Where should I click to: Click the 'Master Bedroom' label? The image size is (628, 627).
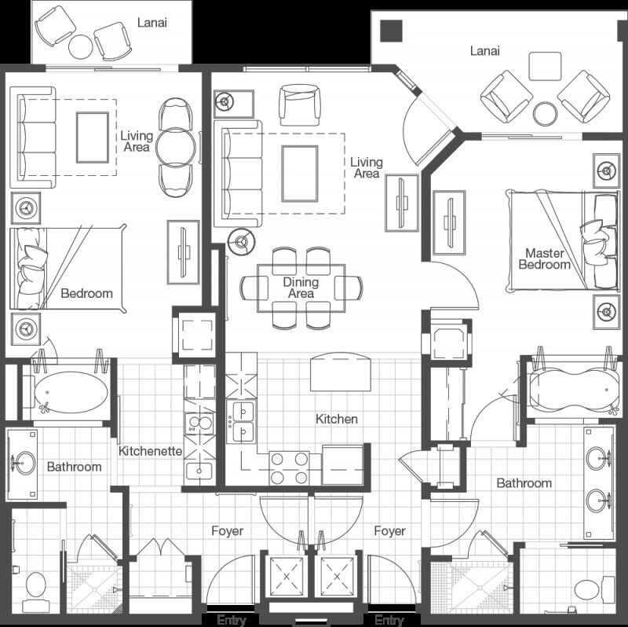click(x=544, y=259)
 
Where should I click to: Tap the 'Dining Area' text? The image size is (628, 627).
click(x=301, y=288)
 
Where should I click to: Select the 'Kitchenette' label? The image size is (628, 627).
click(x=150, y=451)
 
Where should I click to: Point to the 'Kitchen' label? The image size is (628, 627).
click(x=337, y=419)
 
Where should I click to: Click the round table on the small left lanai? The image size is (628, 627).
click(x=81, y=47)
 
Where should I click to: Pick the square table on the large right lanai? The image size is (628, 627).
click(x=545, y=66)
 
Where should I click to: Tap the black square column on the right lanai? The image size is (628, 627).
click(x=391, y=31)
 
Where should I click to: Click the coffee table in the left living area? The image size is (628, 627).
click(x=93, y=137)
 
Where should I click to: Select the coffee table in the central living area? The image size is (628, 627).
click(x=300, y=174)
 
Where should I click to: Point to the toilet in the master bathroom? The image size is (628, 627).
click(x=594, y=589)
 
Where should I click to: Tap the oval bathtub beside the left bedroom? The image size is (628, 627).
click(x=71, y=393)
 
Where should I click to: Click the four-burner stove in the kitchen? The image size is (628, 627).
click(x=289, y=467)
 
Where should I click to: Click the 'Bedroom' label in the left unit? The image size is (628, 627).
click(x=86, y=293)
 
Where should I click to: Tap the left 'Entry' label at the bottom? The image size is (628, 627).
click(x=232, y=620)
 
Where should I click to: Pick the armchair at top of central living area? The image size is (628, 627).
click(x=300, y=105)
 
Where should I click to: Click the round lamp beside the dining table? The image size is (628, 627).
click(x=242, y=241)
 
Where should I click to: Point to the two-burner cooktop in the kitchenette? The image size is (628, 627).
click(x=199, y=424)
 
